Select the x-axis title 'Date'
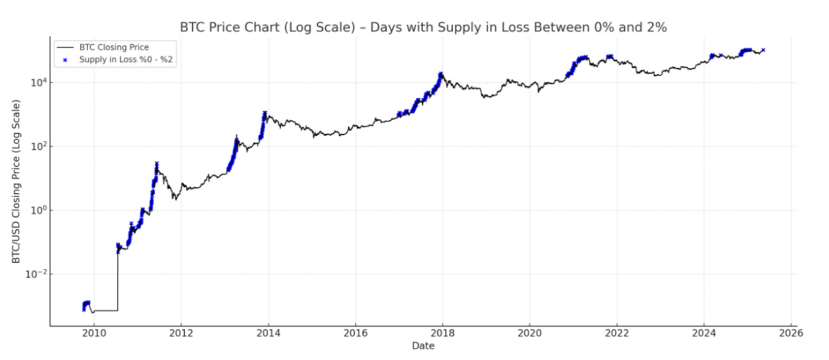click(x=423, y=346)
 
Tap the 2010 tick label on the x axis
click(x=94, y=333)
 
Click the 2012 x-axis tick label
click(x=181, y=333)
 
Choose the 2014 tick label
click(x=268, y=333)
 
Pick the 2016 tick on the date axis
click(x=355, y=333)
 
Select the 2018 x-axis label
click(x=442, y=333)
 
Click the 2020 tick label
click(x=529, y=333)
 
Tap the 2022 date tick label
click(x=616, y=333)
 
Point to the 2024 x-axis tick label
click(x=704, y=333)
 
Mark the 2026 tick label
click(x=791, y=333)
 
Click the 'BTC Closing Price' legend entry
click(x=114, y=47)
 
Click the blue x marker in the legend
click(x=65, y=59)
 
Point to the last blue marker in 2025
click(x=763, y=50)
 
